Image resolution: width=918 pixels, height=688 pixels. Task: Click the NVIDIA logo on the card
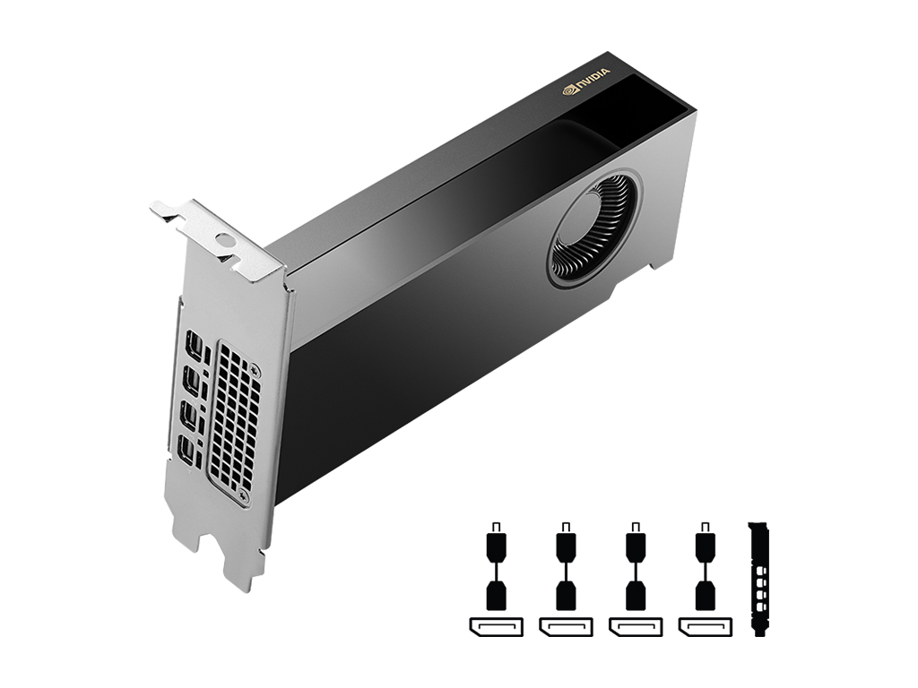pyautogui.click(x=586, y=80)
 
